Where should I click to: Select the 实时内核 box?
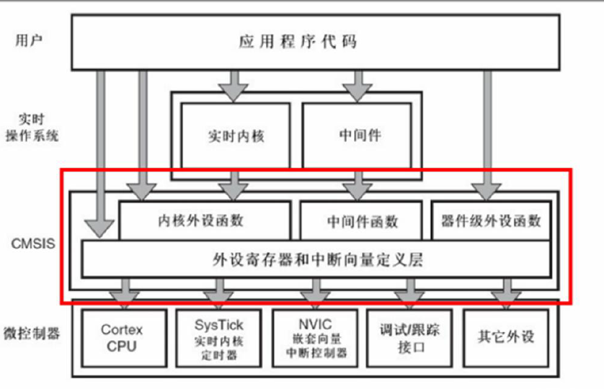pyautogui.click(x=235, y=135)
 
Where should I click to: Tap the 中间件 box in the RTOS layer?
pyautogui.click(x=359, y=135)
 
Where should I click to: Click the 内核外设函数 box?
pyautogui.click(x=204, y=221)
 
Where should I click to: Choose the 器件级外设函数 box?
pyautogui.click(x=491, y=221)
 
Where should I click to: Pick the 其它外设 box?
pyautogui.click(x=506, y=337)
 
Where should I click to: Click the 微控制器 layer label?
pyautogui.click(x=31, y=333)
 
